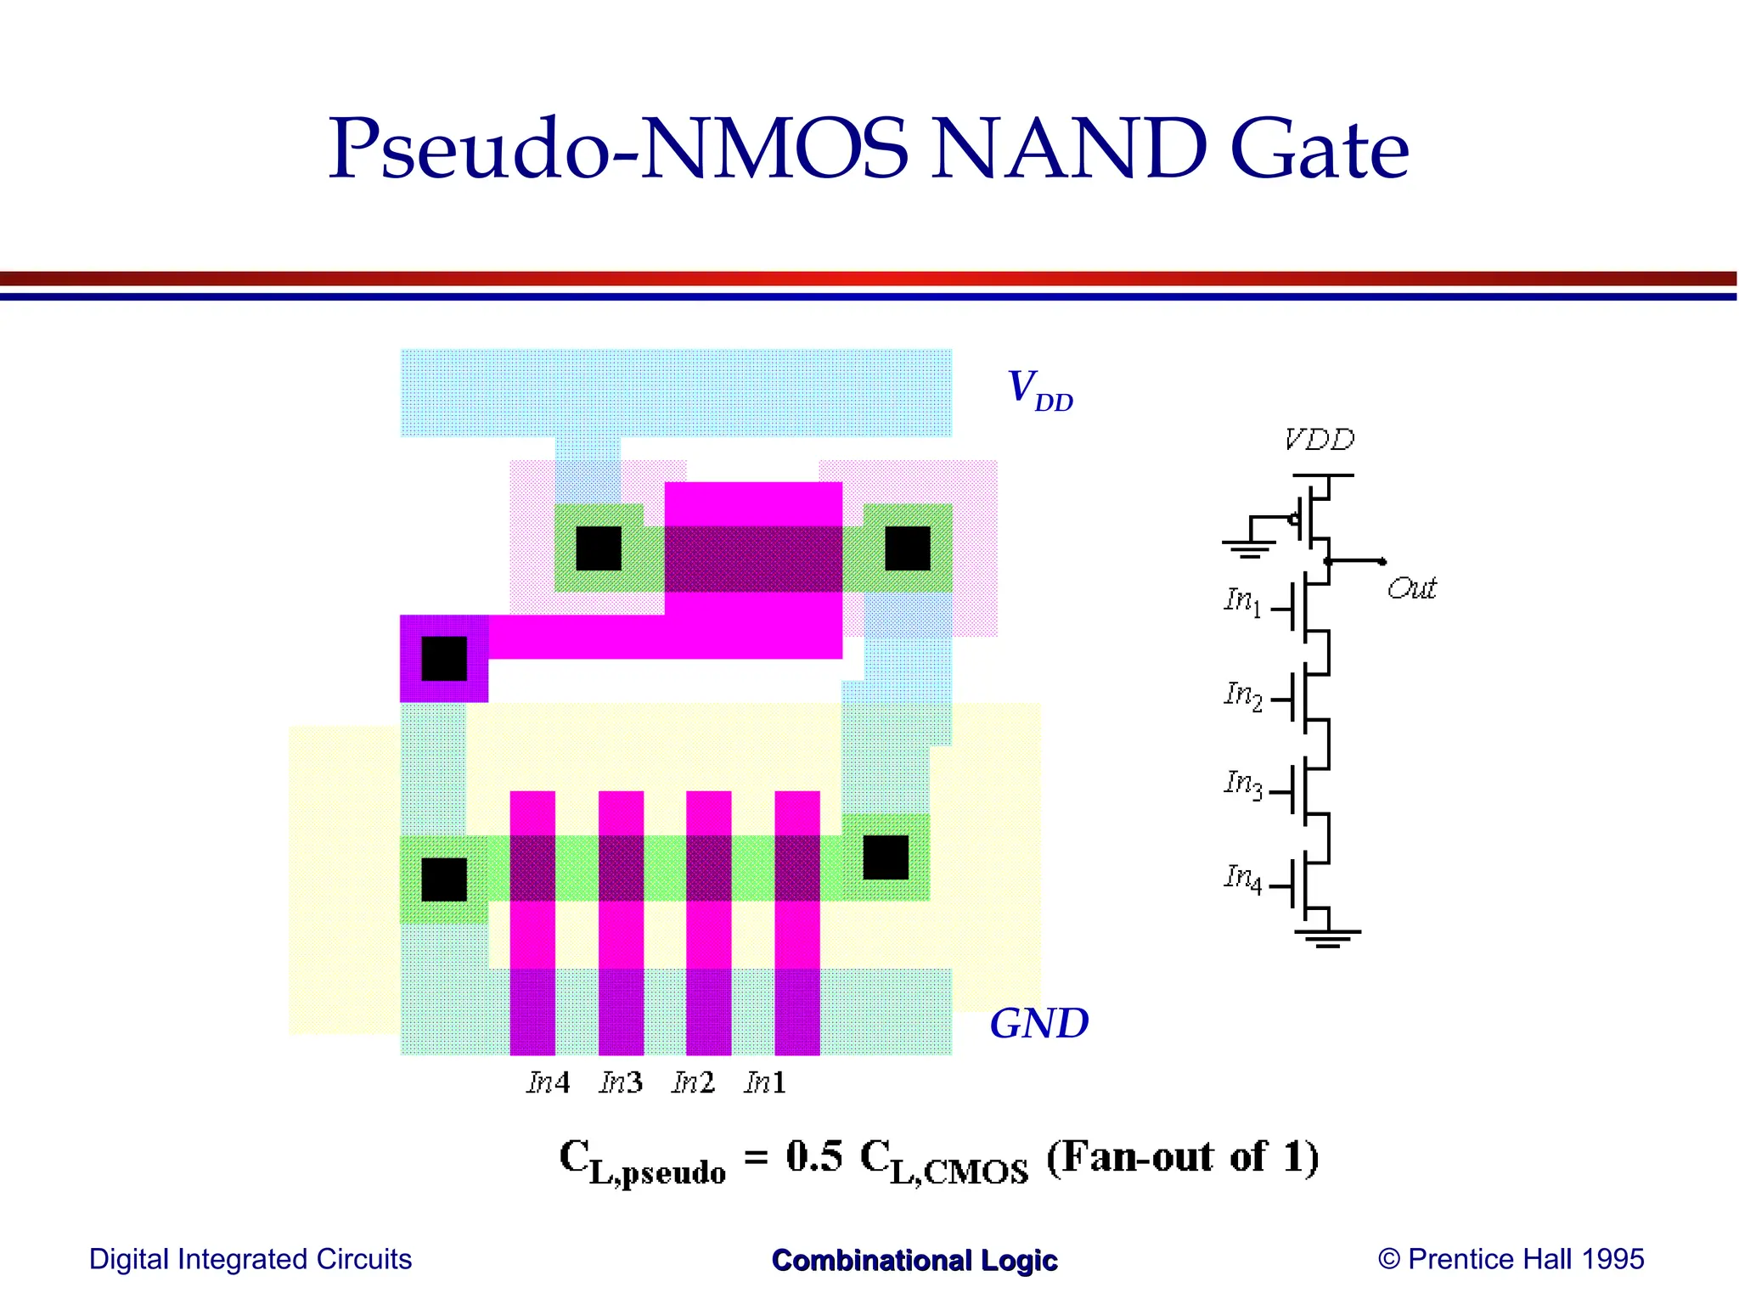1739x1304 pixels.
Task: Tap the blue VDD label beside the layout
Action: point(1039,390)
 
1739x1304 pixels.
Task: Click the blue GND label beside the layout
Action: point(1038,1024)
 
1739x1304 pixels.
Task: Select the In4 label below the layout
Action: point(548,1082)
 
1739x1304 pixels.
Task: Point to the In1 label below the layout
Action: point(765,1082)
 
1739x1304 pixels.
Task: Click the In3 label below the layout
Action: point(621,1082)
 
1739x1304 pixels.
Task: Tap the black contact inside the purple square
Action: point(444,659)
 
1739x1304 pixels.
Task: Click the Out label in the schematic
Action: point(1410,588)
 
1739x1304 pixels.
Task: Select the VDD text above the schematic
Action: point(1319,440)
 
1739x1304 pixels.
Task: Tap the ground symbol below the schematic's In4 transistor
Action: point(1327,937)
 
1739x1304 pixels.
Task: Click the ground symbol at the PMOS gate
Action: point(1247,548)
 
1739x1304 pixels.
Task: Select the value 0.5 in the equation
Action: point(814,1157)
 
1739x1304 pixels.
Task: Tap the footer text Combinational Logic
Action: point(915,1261)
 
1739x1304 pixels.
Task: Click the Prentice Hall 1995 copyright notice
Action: point(1511,1259)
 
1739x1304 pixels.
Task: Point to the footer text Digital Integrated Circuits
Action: point(250,1259)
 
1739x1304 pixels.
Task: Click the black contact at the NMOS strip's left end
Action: point(444,880)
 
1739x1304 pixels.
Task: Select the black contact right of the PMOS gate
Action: point(908,548)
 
